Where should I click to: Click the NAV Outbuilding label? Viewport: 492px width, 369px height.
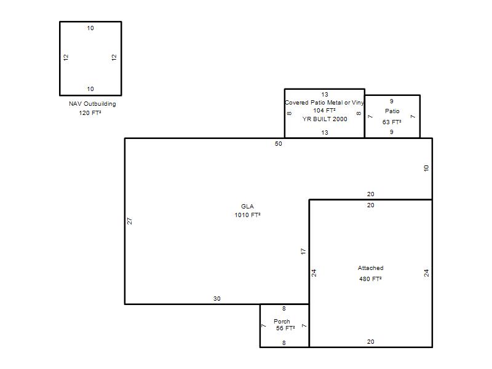coord(92,104)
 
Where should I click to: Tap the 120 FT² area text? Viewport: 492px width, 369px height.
coord(90,113)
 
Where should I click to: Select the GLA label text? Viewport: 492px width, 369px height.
coord(247,207)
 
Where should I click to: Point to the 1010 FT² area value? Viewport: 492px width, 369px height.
coord(248,215)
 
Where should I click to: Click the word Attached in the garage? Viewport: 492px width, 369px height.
coord(371,268)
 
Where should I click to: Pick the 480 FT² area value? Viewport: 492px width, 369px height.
coord(371,279)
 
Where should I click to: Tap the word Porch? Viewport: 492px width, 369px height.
coord(282,321)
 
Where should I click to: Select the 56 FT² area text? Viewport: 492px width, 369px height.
coord(285,328)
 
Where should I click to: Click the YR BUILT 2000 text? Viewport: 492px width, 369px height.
coord(325,119)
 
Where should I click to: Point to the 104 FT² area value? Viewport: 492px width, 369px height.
coord(325,111)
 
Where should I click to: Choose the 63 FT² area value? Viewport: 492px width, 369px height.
coord(392,122)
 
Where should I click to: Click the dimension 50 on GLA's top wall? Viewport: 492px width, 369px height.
coord(279,144)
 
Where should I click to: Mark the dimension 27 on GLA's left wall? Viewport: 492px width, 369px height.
coord(130,221)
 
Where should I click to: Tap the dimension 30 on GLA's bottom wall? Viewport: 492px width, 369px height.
coord(217,299)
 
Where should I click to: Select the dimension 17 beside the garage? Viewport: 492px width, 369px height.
coord(303,252)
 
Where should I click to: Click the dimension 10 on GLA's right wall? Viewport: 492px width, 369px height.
coord(426,168)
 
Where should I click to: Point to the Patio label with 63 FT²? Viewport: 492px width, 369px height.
coord(392,111)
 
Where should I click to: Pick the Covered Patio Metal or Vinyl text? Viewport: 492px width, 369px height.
coord(325,103)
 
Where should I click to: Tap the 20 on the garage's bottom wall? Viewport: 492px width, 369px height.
coord(371,342)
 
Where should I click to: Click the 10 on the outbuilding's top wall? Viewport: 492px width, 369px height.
coord(90,28)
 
